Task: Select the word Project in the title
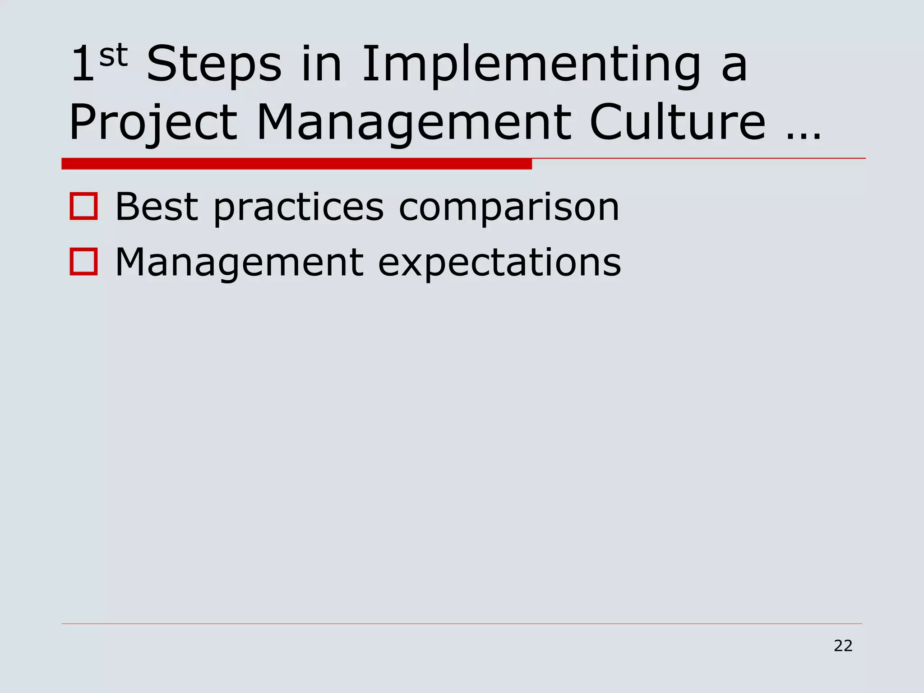pyautogui.click(x=153, y=123)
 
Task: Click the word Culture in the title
pyautogui.click(x=677, y=123)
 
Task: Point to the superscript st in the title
pyautogui.click(x=113, y=55)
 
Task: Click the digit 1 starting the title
pyautogui.click(x=83, y=65)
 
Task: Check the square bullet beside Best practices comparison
pyautogui.click(x=84, y=207)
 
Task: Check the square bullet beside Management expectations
pyautogui.click(x=84, y=262)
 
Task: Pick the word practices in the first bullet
pyautogui.click(x=298, y=208)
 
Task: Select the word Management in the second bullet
pyautogui.click(x=239, y=263)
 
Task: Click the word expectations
pyautogui.click(x=499, y=263)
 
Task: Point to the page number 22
pyautogui.click(x=843, y=646)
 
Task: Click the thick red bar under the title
pyautogui.click(x=296, y=164)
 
